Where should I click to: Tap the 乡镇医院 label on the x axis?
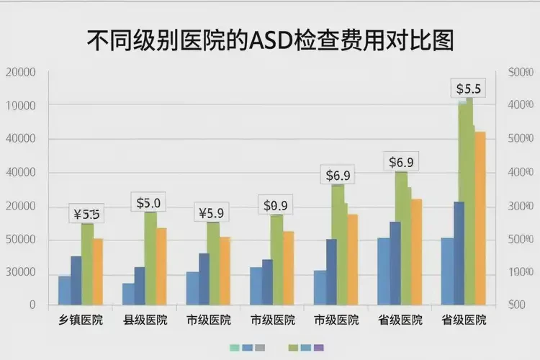coord(81,320)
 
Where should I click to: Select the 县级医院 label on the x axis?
coord(145,320)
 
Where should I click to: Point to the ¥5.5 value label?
coord(87,214)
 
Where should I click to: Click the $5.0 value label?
coord(148,203)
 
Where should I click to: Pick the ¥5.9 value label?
coord(211,213)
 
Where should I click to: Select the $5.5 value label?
coord(469,89)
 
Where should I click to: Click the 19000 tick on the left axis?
coord(21,106)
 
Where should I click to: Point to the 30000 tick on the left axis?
coord(21,272)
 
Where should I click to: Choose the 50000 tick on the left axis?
coord(21,239)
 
